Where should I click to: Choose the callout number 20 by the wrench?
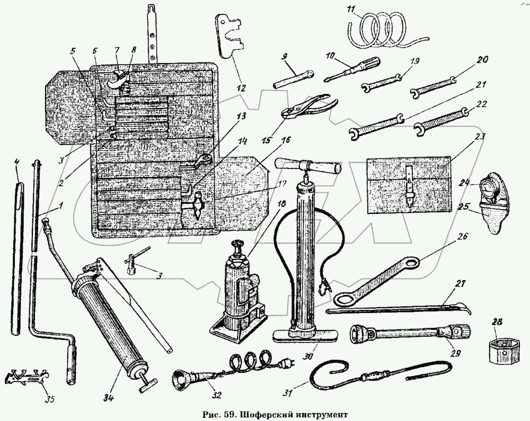coord(482,60)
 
